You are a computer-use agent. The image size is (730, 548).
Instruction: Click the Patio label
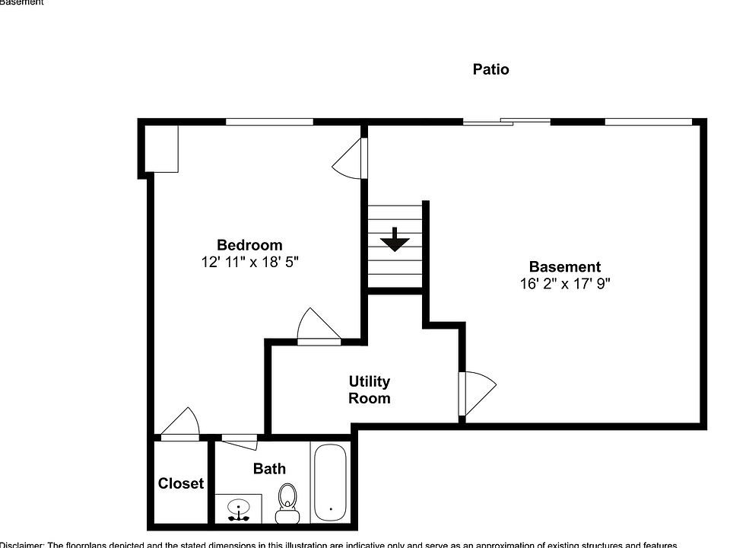(x=490, y=69)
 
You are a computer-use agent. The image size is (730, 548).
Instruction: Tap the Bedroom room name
(x=249, y=245)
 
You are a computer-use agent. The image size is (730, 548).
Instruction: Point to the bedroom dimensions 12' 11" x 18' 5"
(x=249, y=262)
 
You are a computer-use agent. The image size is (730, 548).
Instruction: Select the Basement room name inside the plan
(x=564, y=266)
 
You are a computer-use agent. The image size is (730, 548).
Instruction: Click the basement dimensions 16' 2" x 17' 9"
(x=564, y=284)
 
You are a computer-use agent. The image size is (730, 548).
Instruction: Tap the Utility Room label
(x=370, y=390)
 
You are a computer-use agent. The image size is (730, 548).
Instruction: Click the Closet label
(x=181, y=483)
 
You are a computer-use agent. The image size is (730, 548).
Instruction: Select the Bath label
(x=269, y=469)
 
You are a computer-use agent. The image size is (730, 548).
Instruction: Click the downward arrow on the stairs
(x=395, y=240)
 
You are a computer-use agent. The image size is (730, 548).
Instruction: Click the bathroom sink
(x=240, y=508)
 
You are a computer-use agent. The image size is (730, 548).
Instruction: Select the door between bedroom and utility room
(x=318, y=328)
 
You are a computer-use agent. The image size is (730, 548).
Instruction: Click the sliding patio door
(x=507, y=120)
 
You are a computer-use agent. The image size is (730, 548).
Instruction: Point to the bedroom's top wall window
(x=269, y=121)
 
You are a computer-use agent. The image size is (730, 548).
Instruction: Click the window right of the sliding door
(x=648, y=121)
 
